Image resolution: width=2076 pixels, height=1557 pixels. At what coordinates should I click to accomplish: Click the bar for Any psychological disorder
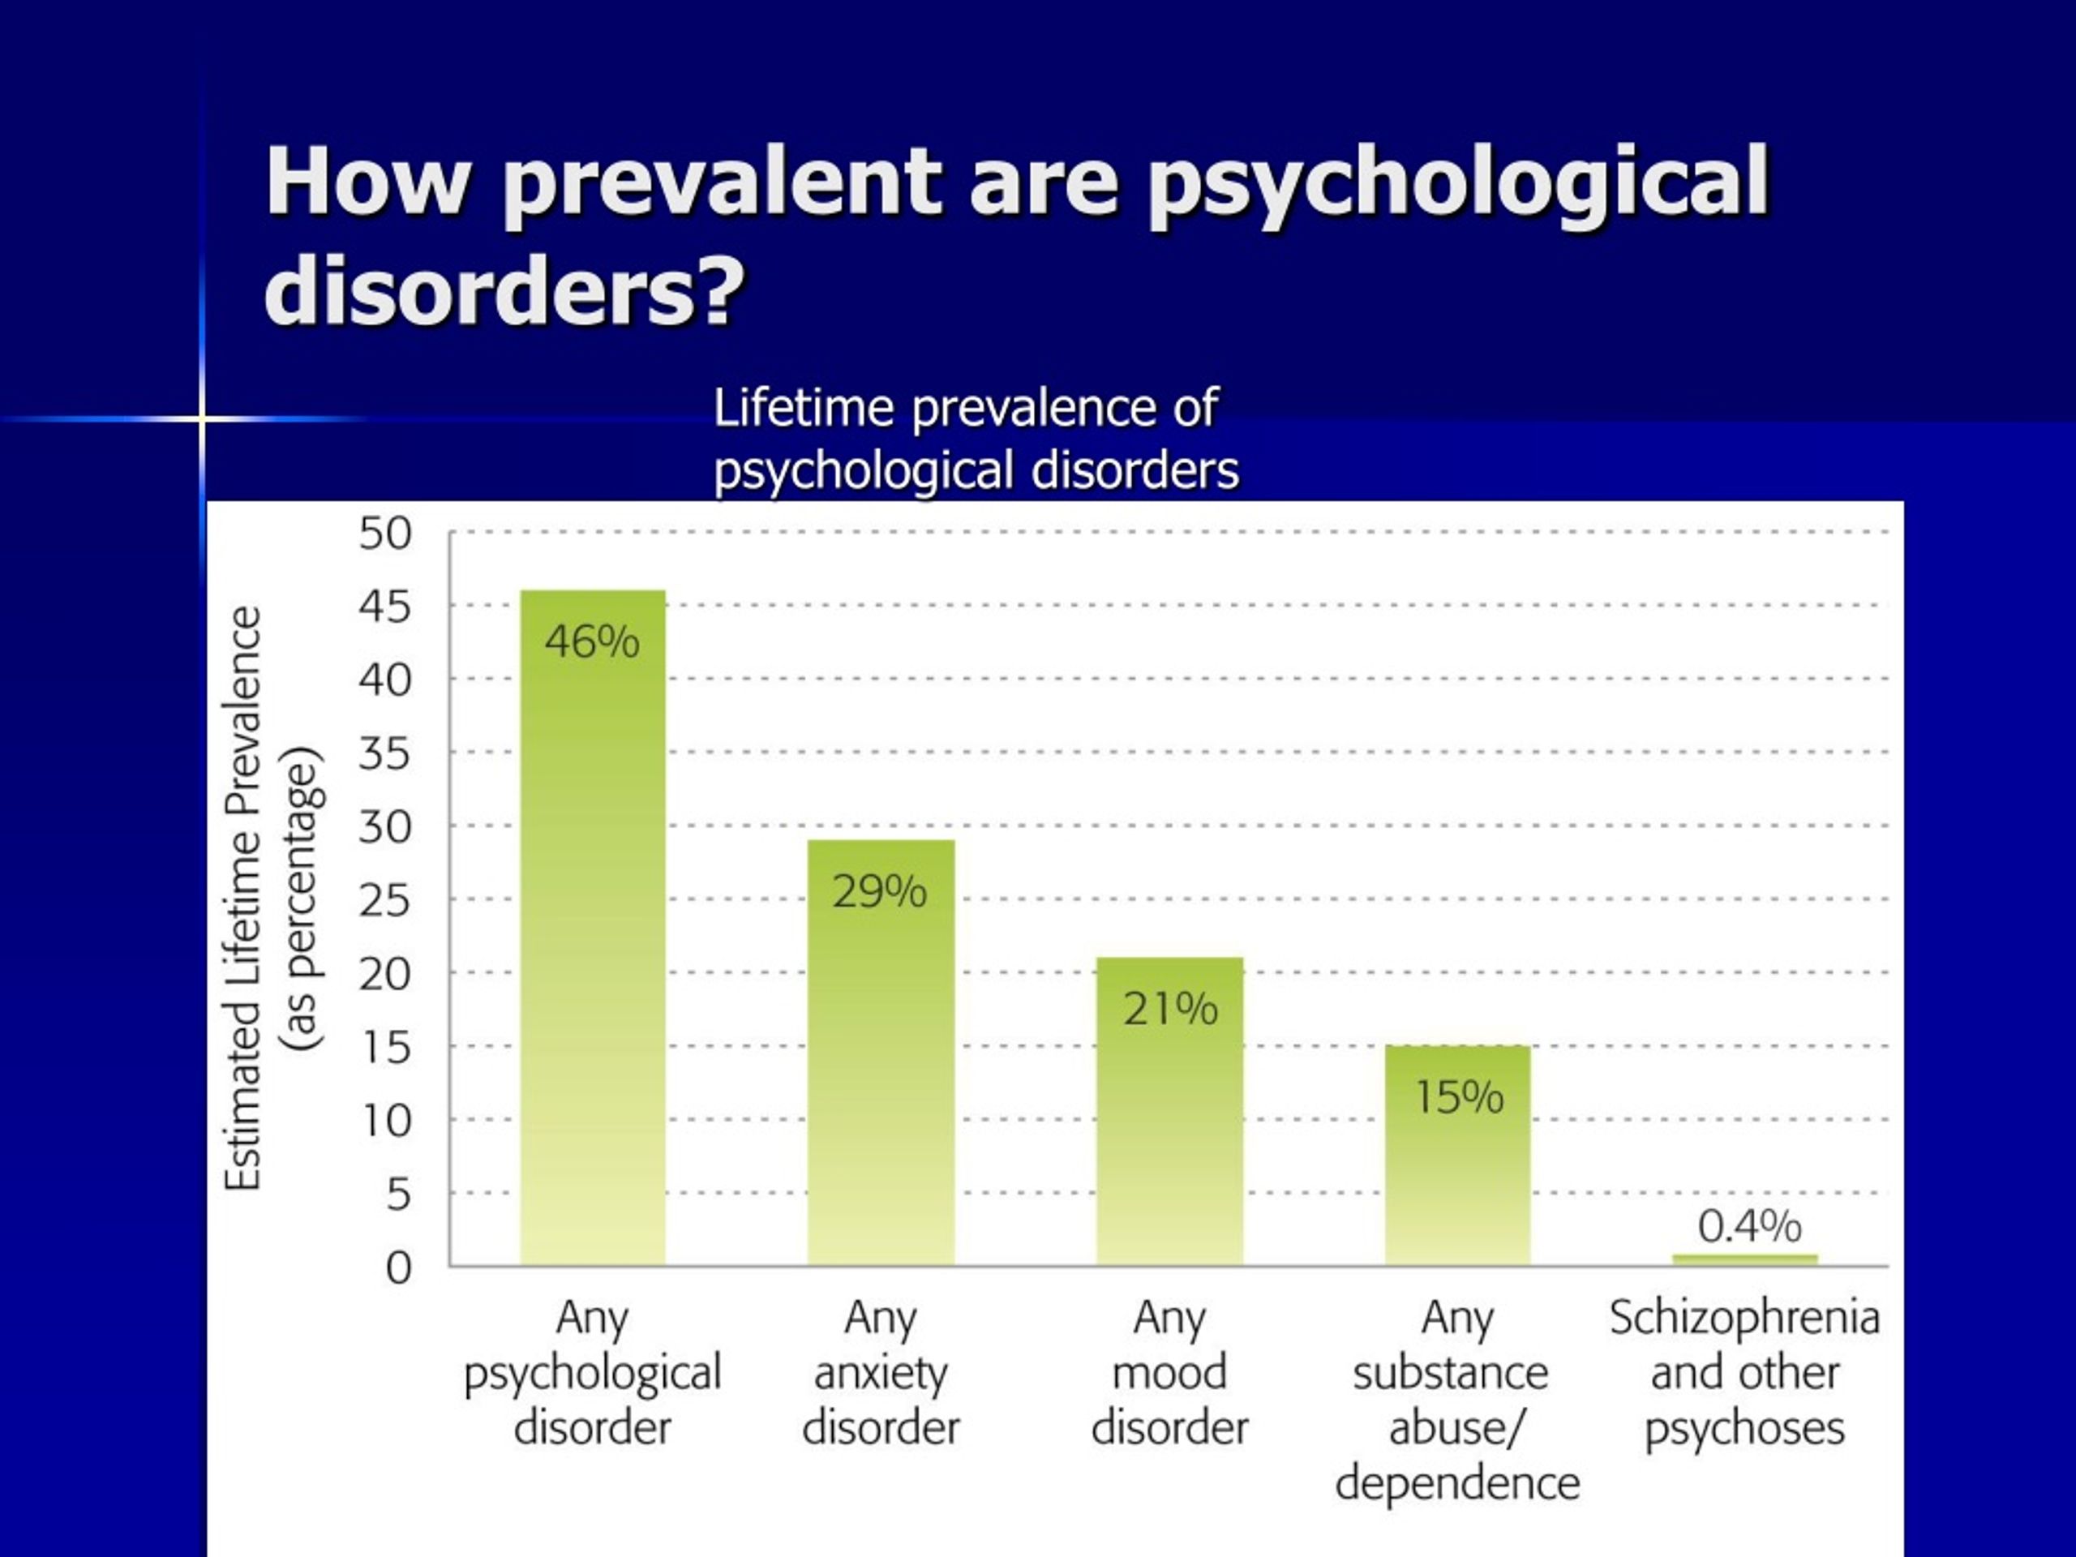tap(593, 927)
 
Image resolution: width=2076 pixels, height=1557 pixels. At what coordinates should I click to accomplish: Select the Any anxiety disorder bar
tap(881, 1052)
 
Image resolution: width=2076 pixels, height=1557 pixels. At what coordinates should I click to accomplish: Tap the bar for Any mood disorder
tap(1169, 1111)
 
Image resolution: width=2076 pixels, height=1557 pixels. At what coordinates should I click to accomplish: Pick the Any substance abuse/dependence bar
tap(1457, 1156)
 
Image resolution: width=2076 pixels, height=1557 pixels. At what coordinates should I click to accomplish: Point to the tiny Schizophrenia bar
tap(1744, 1259)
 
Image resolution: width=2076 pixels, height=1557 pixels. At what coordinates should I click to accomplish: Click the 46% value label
tap(592, 642)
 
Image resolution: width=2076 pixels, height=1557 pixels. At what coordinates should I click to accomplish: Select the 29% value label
tap(879, 890)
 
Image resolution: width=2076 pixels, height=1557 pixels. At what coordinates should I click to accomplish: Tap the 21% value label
tap(1170, 1009)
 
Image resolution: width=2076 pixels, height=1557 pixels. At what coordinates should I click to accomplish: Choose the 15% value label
tap(1460, 1097)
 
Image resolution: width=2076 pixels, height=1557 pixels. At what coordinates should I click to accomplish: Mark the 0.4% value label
tap(1749, 1225)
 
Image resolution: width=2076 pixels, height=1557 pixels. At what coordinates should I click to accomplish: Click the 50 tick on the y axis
tap(385, 534)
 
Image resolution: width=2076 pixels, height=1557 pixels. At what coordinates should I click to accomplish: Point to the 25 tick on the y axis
tap(385, 901)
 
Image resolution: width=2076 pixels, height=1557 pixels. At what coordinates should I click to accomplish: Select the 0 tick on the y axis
tap(399, 1268)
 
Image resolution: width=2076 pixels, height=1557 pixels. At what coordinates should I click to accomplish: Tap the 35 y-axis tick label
tap(385, 753)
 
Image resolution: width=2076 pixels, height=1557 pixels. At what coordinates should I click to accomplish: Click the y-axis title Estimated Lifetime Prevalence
tap(243, 899)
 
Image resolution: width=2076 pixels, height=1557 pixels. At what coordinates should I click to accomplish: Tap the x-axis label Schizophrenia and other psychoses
tap(1744, 1373)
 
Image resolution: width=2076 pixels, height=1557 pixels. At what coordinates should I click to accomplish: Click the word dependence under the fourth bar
tap(1457, 1484)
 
